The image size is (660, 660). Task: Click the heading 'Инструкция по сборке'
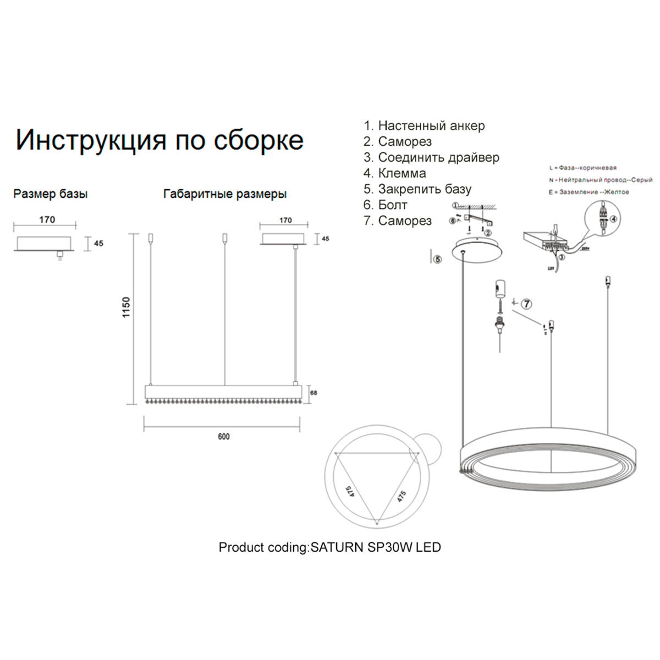(159, 140)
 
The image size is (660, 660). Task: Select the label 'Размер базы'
(51, 194)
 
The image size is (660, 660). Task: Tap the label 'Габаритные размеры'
(225, 194)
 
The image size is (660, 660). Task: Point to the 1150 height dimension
(127, 309)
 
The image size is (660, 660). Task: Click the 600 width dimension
(223, 437)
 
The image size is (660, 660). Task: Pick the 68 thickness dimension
(313, 393)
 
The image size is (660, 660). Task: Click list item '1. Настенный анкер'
(424, 126)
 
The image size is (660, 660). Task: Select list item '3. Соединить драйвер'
(431, 158)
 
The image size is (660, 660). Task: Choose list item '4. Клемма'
(394, 174)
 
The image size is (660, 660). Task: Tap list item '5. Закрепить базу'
(417, 190)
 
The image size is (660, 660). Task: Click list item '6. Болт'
(385, 205)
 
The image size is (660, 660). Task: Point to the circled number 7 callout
(526, 304)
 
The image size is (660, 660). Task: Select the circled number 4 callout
(614, 218)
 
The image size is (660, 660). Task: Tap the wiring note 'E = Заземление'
(588, 192)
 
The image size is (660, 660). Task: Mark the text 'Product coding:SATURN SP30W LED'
(329, 547)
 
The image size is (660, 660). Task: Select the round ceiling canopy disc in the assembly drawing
(477, 250)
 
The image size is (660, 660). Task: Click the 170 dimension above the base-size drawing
(47, 219)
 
